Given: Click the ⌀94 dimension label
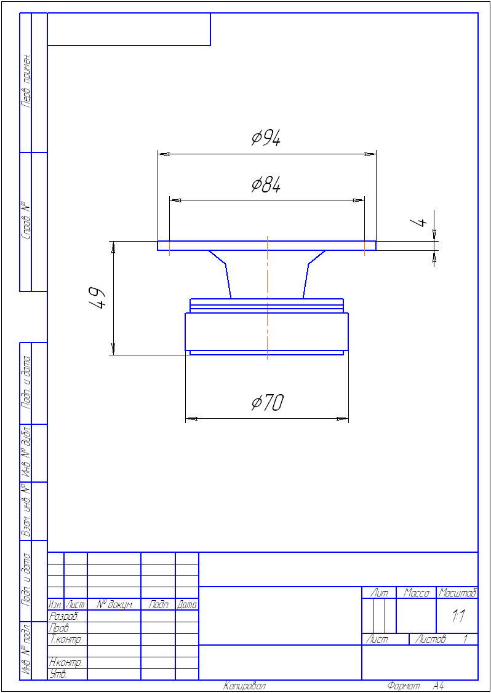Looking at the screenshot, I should tap(266, 138).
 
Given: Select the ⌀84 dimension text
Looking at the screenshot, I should tap(266, 184).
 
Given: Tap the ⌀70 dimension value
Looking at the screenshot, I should tap(267, 403).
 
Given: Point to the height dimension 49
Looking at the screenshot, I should tap(98, 298).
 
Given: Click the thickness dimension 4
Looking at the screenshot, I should tap(420, 222).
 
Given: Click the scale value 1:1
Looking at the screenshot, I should tap(457, 616).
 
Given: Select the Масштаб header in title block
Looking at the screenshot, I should tap(457, 593).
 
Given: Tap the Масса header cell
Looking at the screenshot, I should tap(416, 593).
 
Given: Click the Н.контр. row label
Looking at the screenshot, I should tap(65, 663).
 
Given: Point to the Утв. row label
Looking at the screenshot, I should tap(58, 675).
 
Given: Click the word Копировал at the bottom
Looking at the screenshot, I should tap(244, 686).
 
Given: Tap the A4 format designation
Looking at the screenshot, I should tap(438, 686).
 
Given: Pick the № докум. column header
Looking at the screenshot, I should tap(114, 605).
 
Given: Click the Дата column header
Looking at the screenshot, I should tap(187, 605).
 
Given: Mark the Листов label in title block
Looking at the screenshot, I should tap(430, 640).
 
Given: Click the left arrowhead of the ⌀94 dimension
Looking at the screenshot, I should tap(163, 154).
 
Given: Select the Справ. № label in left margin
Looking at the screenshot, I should tap(25, 221).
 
